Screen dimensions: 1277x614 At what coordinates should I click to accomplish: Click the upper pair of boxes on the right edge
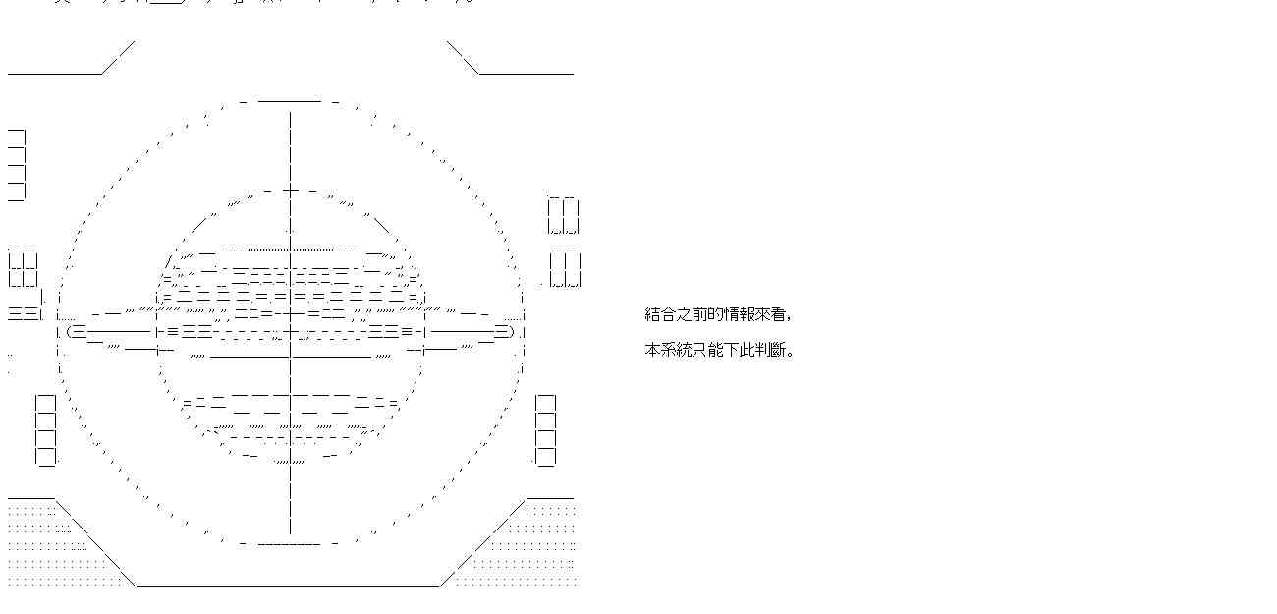click(x=564, y=216)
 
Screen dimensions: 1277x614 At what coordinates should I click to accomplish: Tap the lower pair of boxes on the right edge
click(x=565, y=269)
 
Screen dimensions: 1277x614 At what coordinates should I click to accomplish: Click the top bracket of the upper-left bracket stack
click(x=17, y=138)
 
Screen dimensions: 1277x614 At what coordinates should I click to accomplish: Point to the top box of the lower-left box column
click(x=46, y=404)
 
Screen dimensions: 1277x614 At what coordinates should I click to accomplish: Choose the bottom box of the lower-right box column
click(x=545, y=456)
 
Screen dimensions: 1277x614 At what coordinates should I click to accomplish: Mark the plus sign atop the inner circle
click(x=290, y=190)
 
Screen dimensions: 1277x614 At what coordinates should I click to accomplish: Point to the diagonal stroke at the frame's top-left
click(x=118, y=57)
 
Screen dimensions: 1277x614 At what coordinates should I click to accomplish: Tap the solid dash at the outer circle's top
click(x=290, y=100)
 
